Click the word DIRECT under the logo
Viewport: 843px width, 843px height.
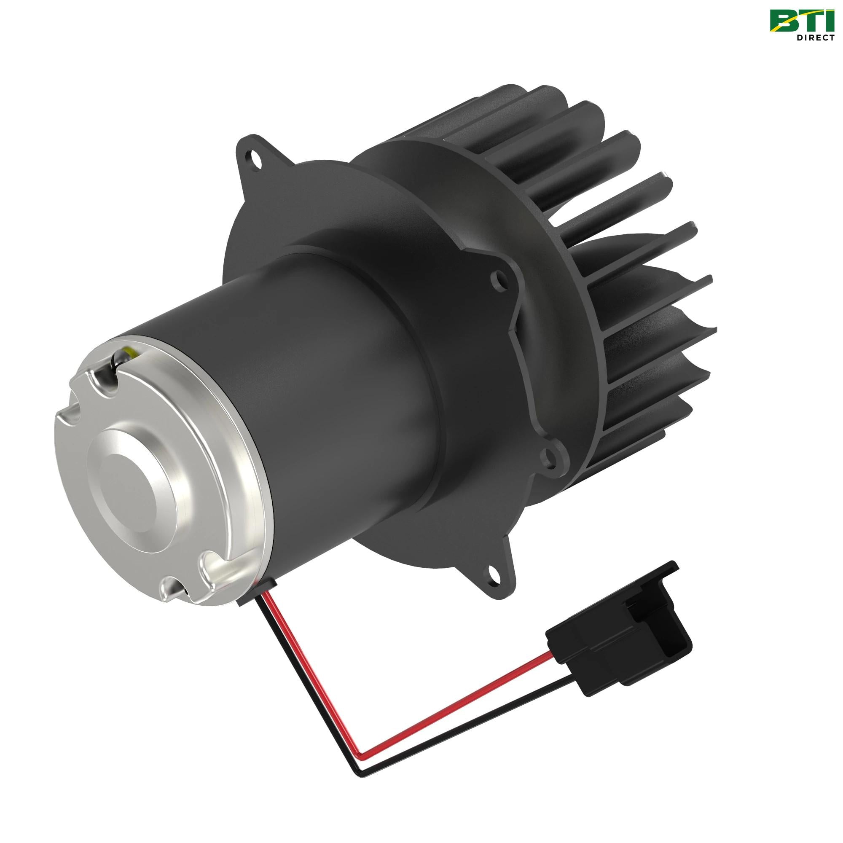[815, 38]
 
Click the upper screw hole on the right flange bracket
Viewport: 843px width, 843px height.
[496, 278]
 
